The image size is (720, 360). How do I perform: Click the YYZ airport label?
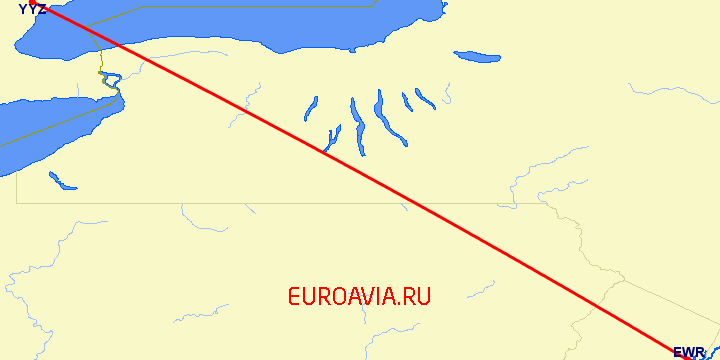point(31,9)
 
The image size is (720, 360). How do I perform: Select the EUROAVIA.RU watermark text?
point(359,296)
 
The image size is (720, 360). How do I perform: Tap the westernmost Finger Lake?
point(310,108)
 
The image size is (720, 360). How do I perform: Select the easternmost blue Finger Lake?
point(425,98)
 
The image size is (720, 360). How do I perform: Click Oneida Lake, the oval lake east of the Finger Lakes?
point(476,56)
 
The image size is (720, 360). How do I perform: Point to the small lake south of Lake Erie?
point(61,181)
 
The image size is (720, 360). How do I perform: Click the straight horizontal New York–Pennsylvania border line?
point(250,203)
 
